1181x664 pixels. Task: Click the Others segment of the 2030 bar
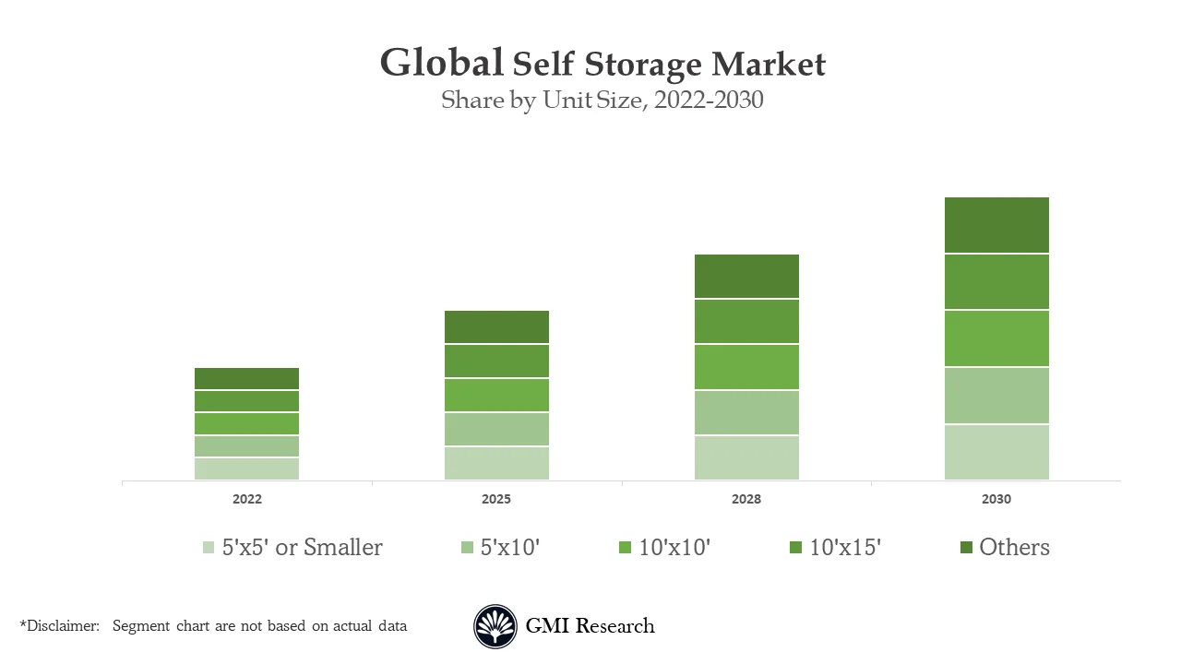point(996,225)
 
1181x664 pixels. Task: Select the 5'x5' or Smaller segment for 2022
point(246,468)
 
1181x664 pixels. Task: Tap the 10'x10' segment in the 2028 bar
point(746,367)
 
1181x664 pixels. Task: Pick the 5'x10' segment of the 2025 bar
point(496,429)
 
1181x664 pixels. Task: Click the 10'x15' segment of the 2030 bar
point(996,281)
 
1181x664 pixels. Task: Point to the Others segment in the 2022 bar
point(246,378)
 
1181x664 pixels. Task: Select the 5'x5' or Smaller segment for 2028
point(746,457)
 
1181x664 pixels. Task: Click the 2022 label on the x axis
point(246,499)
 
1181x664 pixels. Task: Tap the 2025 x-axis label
point(496,499)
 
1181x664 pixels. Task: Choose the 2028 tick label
point(746,499)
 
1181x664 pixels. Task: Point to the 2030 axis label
point(996,499)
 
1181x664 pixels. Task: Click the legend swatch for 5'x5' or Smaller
point(209,548)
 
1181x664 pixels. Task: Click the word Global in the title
point(441,64)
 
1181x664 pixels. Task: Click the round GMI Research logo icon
point(495,627)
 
